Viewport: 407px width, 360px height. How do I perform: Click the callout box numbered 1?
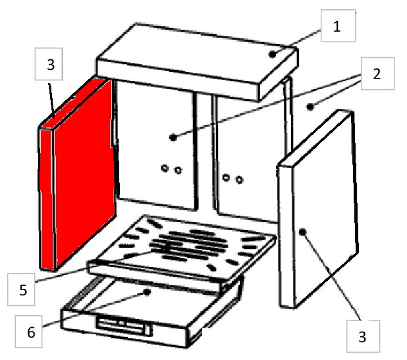(x=338, y=26)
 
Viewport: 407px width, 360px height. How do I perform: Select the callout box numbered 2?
(x=377, y=74)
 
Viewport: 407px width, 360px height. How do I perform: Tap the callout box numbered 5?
(x=21, y=289)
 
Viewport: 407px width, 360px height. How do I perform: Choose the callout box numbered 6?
(x=28, y=332)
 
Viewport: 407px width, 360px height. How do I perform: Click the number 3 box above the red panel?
(x=49, y=64)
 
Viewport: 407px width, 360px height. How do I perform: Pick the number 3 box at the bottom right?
(x=363, y=336)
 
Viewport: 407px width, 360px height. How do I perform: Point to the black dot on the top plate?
(x=272, y=55)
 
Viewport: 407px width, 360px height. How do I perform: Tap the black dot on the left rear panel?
(x=173, y=138)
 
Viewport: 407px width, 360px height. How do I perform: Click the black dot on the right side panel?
(x=302, y=232)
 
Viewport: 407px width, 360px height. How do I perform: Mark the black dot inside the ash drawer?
(x=147, y=292)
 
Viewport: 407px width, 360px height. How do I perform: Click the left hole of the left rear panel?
(x=165, y=168)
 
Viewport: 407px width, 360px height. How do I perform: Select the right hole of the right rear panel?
(x=239, y=179)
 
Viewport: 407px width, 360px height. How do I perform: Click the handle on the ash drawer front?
(x=124, y=325)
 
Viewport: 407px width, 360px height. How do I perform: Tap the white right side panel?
(x=318, y=209)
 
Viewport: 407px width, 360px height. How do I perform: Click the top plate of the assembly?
(x=198, y=62)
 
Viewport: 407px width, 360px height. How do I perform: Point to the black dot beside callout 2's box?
(x=310, y=107)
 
